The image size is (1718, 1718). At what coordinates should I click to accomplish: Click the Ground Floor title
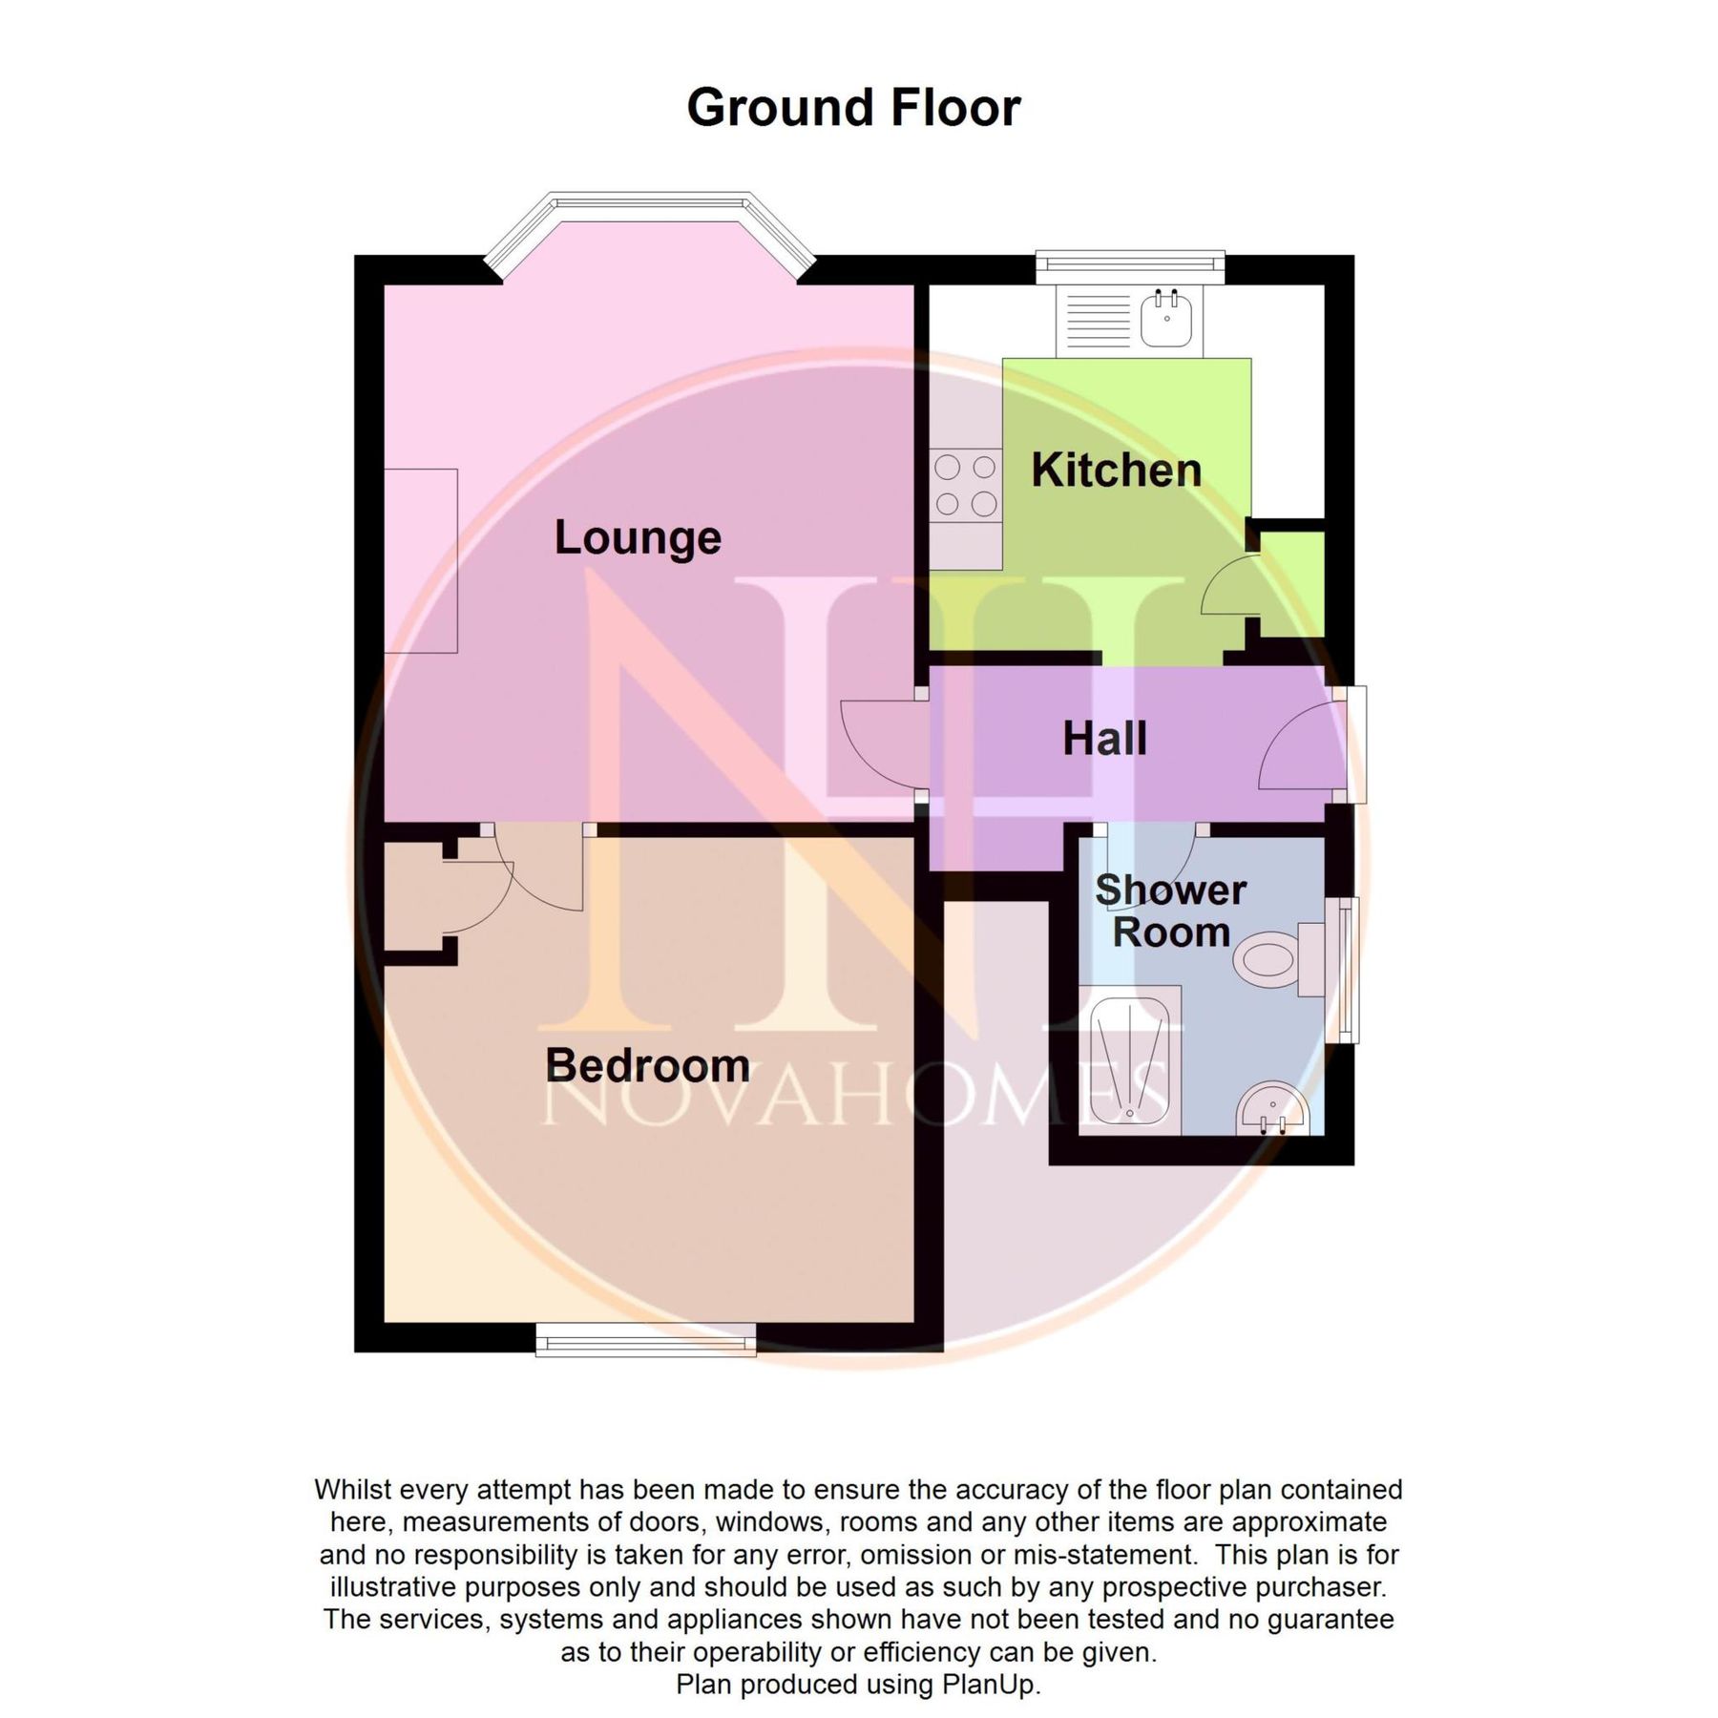853,107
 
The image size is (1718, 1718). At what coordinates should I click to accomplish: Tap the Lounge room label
638,537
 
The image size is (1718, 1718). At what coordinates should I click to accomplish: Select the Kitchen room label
1116,470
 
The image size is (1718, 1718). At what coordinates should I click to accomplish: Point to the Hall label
1104,739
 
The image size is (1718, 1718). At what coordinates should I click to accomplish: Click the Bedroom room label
647,1065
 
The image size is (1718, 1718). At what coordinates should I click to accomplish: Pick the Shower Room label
1171,911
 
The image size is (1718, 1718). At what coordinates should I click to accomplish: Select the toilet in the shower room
1269,957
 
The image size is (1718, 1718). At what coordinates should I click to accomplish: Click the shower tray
1130,1059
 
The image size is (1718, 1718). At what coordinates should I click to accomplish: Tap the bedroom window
646,1340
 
